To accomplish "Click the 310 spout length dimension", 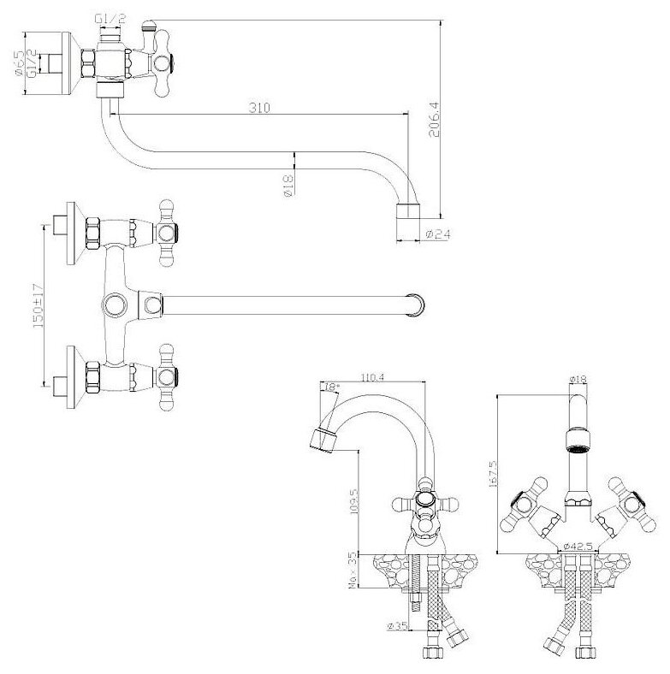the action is [260, 108].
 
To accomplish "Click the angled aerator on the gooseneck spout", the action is [323, 440].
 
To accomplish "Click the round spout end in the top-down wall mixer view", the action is [417, 303].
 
